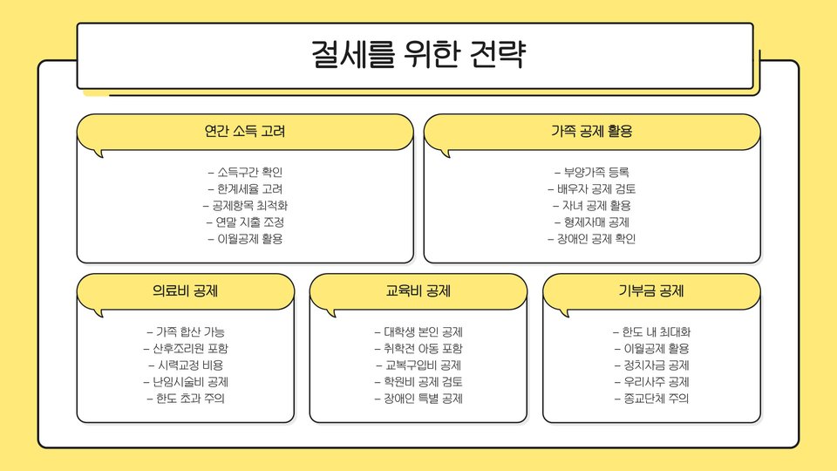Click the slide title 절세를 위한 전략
tap(418, 55)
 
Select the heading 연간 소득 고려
tap(244, 132)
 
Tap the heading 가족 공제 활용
tap(591, 132)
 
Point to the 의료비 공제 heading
tap(185, 291)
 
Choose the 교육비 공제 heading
tap(418, 291)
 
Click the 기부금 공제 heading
tap(650, 291)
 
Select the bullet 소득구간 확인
tap(245, 172)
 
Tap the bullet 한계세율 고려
tap(245, 188)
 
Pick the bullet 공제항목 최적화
tap(245, 206)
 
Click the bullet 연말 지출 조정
tap(245, 222)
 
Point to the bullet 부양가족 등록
tap(591, 172)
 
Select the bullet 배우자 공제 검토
tap(591, 188)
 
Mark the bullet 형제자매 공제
tap(591, 222)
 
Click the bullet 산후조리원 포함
tap(185, 348)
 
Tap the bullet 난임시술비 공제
tap(185, 382)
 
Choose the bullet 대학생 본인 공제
tap(418, 331)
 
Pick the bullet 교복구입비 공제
tap(418, 365)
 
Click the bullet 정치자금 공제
tap(650, 365)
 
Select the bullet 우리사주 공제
tap(650, 382)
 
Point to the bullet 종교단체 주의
tap(650, 399)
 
